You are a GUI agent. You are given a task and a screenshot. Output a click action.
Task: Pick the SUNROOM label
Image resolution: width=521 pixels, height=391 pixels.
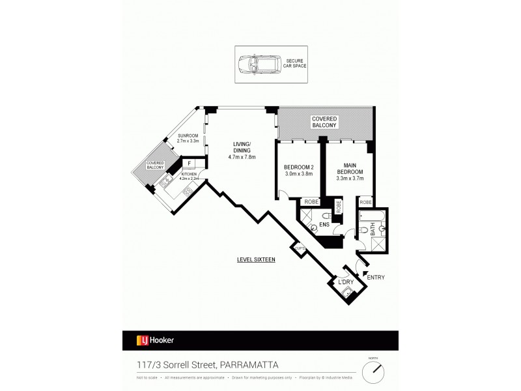coord(189,136)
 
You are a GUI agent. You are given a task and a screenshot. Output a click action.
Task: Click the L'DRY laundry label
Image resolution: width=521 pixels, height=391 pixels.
coord(346,281)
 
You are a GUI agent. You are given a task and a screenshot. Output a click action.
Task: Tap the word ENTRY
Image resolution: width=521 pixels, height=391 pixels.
coord(376,278)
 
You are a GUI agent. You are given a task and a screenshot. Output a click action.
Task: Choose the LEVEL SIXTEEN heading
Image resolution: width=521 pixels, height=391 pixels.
coord(256,259)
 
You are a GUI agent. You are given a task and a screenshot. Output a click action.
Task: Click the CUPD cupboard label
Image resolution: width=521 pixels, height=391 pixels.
coord(300,248)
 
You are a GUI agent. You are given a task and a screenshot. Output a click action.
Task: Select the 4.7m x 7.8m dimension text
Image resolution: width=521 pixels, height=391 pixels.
coord(242,157)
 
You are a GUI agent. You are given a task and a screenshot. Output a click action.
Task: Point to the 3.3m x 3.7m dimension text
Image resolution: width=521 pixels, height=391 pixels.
coord(348,178)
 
